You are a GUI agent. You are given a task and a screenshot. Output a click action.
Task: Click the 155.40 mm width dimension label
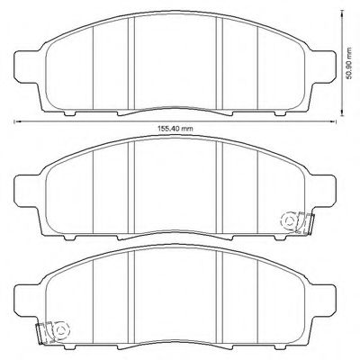tap(175, 129)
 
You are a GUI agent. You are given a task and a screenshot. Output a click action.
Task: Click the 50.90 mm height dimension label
tap(348, 63)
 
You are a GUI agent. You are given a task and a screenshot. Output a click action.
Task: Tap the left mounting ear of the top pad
tap(27, 67)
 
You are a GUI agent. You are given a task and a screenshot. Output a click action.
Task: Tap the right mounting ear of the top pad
tap(323, 67)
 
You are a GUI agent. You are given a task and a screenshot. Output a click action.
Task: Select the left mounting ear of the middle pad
tap(27, 191)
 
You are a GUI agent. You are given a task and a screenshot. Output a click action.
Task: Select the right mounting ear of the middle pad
tap(323, 191)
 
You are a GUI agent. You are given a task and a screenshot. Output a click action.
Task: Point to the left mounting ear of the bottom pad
tap(27, 300)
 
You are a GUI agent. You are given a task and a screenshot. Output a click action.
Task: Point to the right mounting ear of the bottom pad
tap(323, 300)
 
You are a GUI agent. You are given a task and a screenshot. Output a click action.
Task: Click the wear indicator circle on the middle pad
tap(289, 221)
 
